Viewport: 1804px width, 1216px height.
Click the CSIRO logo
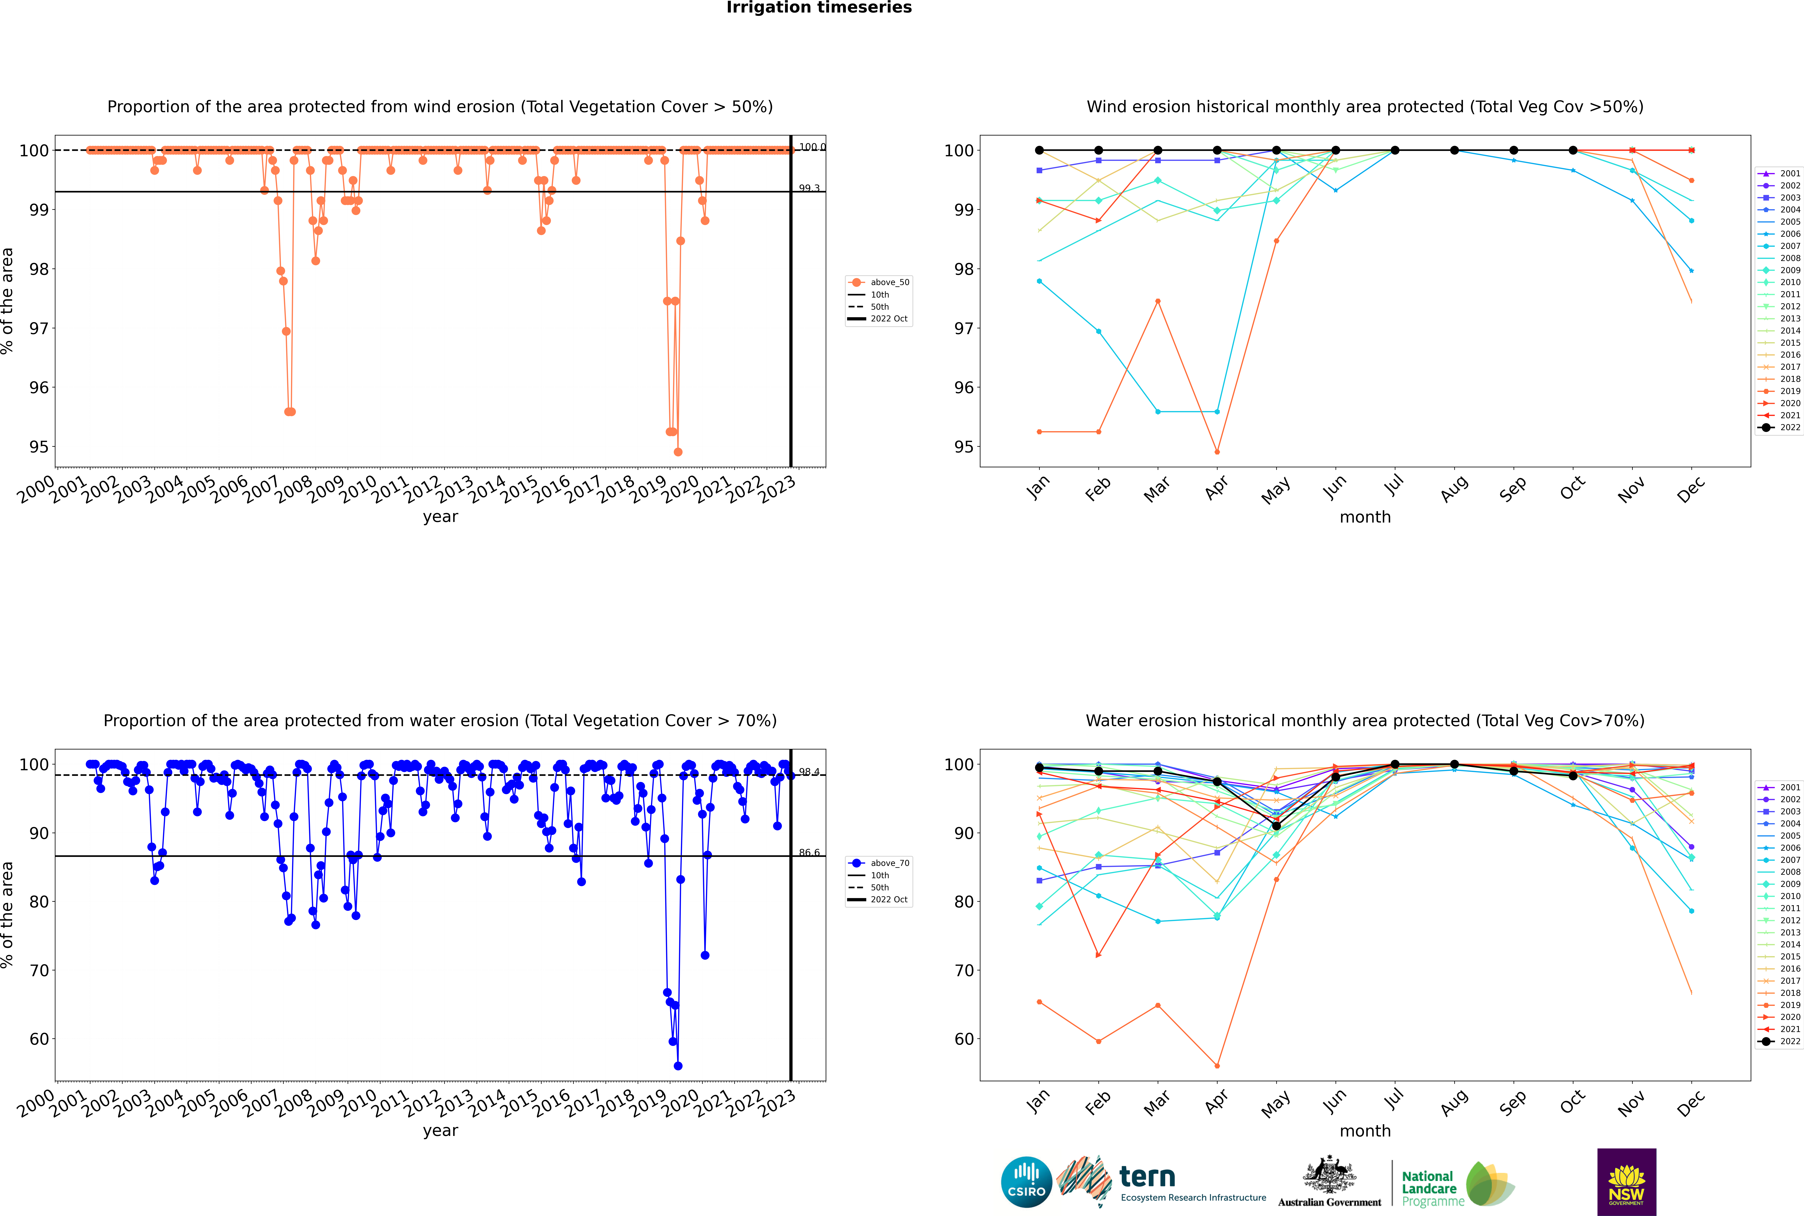click(x=1026, y=1182)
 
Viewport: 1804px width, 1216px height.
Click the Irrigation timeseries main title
click(x=819, y=8)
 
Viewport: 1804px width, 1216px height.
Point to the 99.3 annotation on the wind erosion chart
click(x=809, y=188)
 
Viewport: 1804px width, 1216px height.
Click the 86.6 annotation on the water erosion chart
click(x=809, y=852)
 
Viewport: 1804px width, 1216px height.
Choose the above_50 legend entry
click(x=889, y=282)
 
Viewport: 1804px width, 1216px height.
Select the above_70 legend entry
click(x=889, y=863)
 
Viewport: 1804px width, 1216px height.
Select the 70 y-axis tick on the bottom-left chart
click(x=39, y=971)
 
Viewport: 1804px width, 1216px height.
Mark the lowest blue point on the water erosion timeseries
click(x=678, y=1066)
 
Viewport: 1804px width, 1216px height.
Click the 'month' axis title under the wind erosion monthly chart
click(x=1365, y=517)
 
